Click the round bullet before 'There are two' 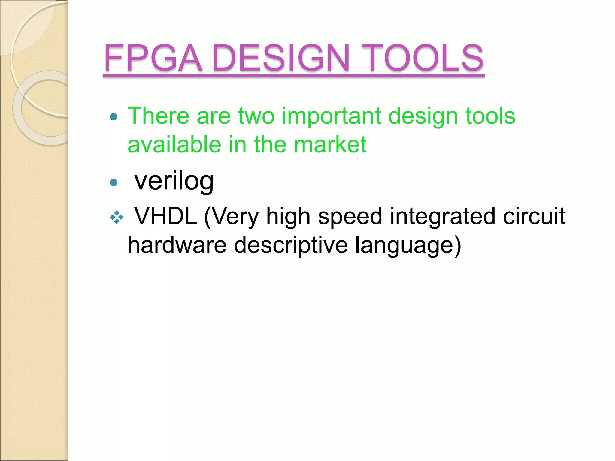coord(114,117)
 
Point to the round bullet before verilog coord(114,182)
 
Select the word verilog coord(174,181)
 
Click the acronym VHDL coord(165,216)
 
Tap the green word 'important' coord(331,116)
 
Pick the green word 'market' coord(330,145)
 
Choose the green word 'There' coord(158,116)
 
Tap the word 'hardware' coord(177,245)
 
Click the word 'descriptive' coord(291,245)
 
